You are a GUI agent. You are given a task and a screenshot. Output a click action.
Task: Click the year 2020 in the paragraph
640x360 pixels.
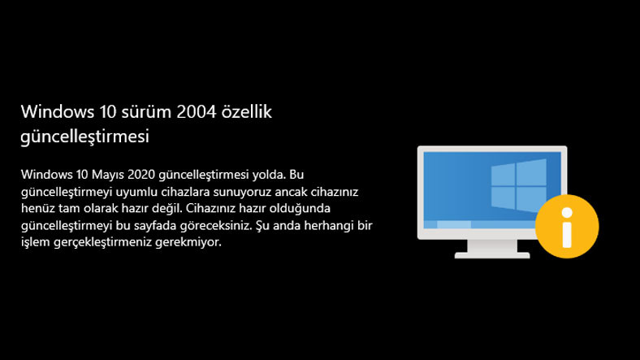pyautogui.click(x=141, y=174)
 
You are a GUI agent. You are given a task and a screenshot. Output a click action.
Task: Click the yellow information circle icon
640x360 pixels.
pyautogui.click(x=568, y=225)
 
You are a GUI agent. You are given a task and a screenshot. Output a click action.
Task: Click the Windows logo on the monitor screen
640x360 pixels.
pyautogui.click(x=517, y=186)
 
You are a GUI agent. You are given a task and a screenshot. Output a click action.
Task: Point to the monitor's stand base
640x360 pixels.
pyautogui.click(x=491, y=254)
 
